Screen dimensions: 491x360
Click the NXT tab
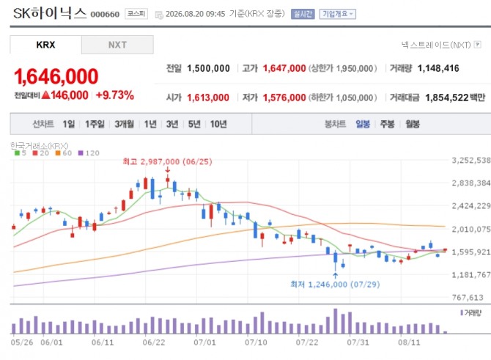(117, 45)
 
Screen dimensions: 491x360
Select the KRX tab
(45, 45)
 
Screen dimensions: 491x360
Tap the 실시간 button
(303, 14)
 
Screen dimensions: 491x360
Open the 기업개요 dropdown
(338, 14)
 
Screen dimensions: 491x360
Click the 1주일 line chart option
(95, 124)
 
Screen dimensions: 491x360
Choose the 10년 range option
(218, 124)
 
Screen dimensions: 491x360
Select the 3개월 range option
(124, 124)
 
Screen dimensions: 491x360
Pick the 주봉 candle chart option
(387, 124)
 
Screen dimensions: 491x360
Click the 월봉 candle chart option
(413, 124)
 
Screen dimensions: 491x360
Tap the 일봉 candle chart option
(363, 124)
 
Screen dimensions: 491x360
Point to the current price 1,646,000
(56, 76)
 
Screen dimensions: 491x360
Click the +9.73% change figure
(115, 95)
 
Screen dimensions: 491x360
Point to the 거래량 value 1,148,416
(438, 68)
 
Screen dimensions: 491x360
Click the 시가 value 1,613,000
(208, 98)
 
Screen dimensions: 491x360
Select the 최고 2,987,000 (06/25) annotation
(168, 162)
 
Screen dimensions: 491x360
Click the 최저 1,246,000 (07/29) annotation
(335, 284)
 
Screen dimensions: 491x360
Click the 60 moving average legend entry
(64, 153)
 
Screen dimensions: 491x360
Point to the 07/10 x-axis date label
(256, 342)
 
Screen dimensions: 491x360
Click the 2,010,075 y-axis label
(471, 229)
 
